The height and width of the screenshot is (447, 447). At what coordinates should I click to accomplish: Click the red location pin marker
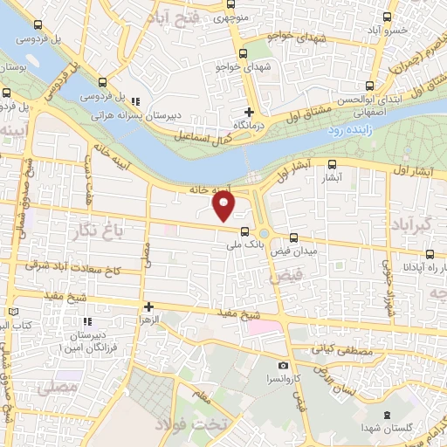(224, 205)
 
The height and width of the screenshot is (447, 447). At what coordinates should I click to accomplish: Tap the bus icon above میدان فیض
(294, 237)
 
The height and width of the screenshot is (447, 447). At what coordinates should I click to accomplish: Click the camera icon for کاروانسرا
(282, 366)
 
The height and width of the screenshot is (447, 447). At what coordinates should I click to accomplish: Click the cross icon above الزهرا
(149, 306)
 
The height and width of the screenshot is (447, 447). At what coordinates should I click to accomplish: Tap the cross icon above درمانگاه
(250, 111)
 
